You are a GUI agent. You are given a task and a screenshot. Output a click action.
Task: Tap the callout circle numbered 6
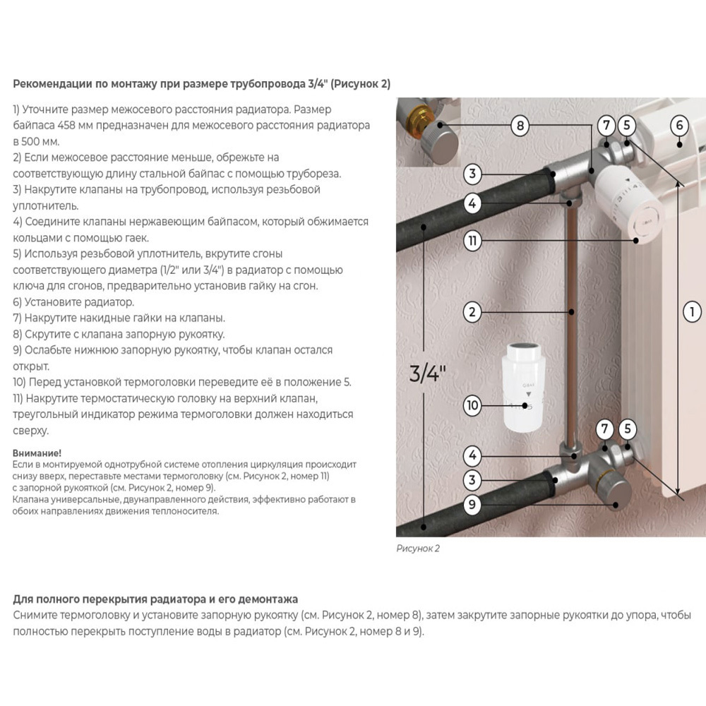678,126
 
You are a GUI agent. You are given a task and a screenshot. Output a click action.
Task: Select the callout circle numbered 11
472,241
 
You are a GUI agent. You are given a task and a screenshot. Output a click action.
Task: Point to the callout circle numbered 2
472,311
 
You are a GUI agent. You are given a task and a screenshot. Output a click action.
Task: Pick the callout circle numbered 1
692,311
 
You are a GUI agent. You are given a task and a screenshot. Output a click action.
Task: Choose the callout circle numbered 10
472,405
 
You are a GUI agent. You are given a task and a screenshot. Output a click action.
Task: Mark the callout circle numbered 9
472,505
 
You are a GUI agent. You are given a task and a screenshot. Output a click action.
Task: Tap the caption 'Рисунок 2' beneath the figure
418,548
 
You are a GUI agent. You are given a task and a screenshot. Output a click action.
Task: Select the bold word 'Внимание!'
37,453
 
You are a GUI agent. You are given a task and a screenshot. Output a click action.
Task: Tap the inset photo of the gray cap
428,132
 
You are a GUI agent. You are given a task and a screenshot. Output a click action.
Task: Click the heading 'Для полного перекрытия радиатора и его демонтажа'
155,599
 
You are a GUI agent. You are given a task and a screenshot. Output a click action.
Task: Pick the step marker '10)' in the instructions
20,382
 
